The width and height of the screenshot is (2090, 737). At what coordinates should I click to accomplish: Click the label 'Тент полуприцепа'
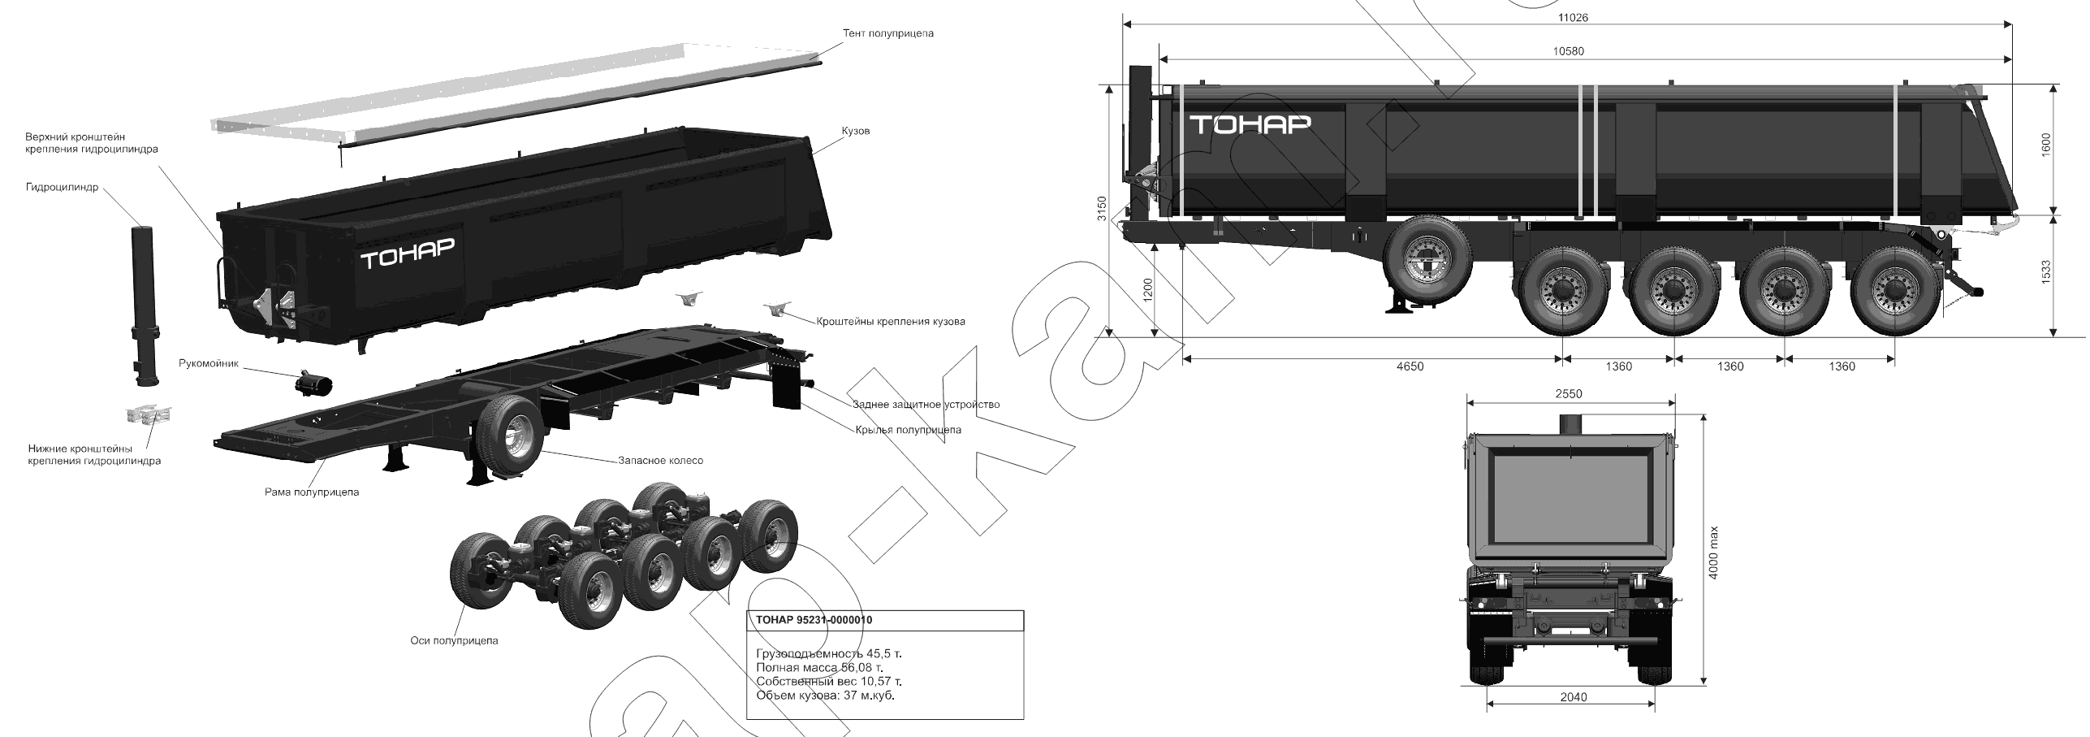tap(888, 33)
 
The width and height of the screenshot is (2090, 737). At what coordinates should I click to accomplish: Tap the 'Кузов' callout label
tap(855, 131)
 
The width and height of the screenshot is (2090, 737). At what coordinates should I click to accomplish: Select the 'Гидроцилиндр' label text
tap(62, 187)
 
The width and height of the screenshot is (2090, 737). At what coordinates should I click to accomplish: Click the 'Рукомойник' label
tap(209, 363)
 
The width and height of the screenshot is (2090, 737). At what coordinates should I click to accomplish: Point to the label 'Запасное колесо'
tap(660, 460)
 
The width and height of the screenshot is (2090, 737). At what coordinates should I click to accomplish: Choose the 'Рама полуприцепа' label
tap(312, 492)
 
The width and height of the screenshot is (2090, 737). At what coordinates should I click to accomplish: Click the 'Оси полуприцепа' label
tap(455, 640)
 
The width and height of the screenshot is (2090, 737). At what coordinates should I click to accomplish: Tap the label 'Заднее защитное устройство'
tap(926, 404)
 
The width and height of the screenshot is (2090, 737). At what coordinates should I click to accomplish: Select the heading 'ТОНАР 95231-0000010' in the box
tap(814, 620)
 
